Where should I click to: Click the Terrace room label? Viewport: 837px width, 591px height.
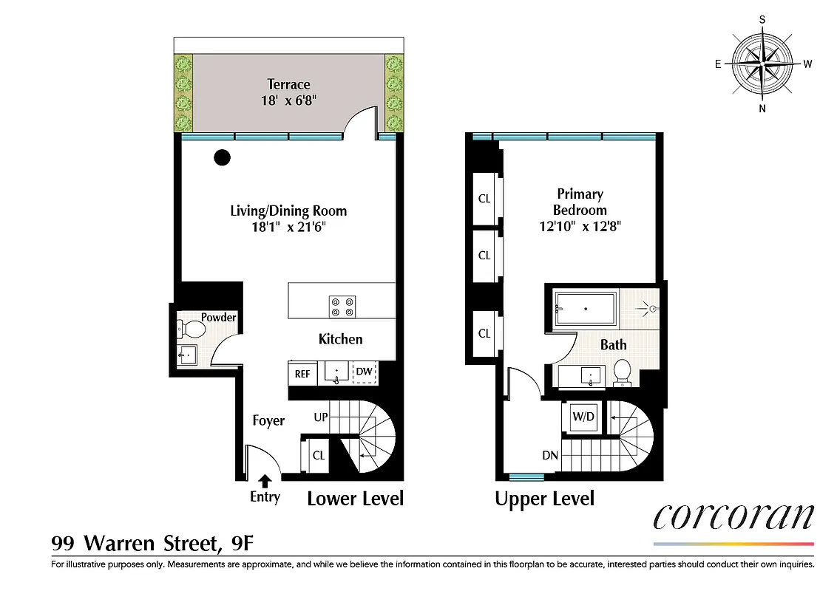click(x=288, y=84)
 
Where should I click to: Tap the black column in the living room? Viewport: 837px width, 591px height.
click(x=221, y=157)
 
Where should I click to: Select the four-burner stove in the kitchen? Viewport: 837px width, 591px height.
click(x=342, y=306)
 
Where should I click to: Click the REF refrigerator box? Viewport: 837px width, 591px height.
click(x=302, y=374)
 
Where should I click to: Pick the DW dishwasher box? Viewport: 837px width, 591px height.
click(x=365, y=372)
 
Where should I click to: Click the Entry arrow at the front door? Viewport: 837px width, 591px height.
click(x=264, y=482)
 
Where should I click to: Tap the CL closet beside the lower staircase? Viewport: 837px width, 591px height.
click(x=318, y=456)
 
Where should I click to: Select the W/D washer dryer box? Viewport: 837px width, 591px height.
click(x=583, y=417)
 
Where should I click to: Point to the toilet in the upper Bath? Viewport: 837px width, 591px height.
click(x=622, y=372)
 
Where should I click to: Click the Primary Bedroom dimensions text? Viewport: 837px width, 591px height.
click(x=580, y=227)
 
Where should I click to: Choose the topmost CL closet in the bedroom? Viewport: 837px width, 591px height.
click(x=484, y=199)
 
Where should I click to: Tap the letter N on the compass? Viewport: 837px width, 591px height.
click(x=762, y=109)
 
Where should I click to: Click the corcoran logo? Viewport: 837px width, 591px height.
click(x=733, y=516)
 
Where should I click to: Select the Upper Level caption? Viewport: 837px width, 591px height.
click(x=544, y=499)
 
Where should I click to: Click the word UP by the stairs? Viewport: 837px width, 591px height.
click(x=320, y=417)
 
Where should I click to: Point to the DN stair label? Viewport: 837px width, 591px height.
click(x=549, y=456)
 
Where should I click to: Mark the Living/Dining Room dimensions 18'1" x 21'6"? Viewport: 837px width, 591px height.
click(x=288, y=228)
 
